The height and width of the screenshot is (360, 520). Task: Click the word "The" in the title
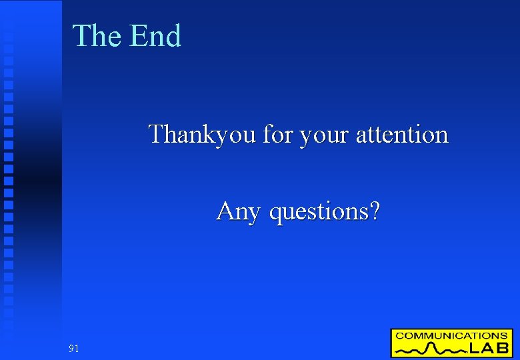pyautogui.click(x=97, y=36)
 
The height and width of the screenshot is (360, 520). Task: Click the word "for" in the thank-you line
pyautogui.click(x=277, y=135)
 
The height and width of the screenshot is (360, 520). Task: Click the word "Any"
pyautogui.click(x=238, y=212)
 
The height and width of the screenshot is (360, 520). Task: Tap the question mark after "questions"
pyautogui.click(x=375, y=211)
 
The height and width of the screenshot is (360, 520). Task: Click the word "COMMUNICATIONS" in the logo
pyautogui.click(x=451, y=335)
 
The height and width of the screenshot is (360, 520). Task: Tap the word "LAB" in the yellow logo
pyautogui.click(x=489, y=348)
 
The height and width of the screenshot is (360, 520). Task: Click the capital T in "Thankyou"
pyautogui.click(x=157, y=134)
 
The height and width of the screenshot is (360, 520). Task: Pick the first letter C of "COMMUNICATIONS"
pyautogui.click(x=398, y=335)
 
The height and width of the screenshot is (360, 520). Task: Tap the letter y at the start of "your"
pyautogui.click(x=306, y=137)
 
